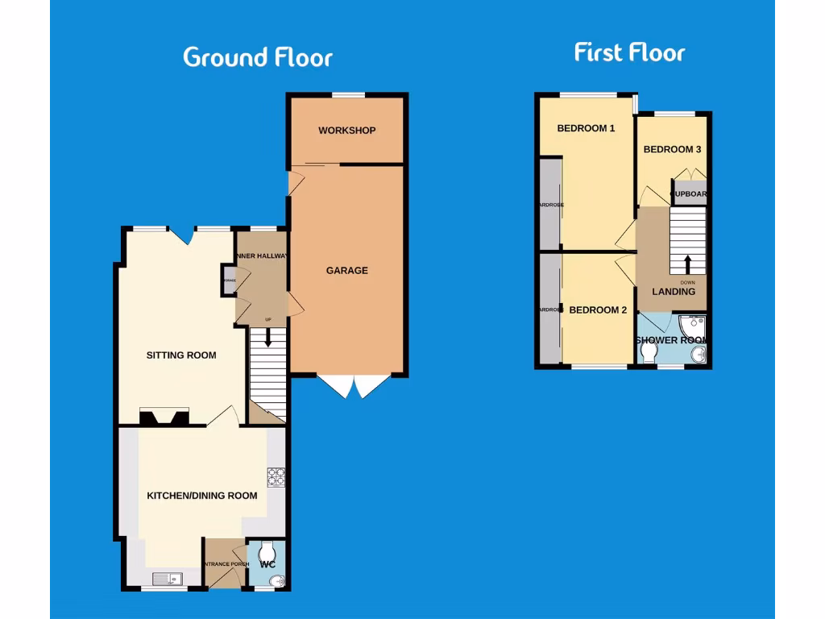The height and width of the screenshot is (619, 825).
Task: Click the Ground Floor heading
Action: [x=257, y=57]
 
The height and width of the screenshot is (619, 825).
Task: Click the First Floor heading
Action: [x=629, y=53]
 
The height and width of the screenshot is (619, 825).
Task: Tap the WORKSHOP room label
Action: [x=346, y=131]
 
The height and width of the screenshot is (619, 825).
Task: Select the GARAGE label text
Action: [x=346, y=271]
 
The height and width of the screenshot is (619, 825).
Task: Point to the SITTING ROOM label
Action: [x=181, y=355]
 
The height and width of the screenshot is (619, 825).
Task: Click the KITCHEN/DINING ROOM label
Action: [x=202, y=496]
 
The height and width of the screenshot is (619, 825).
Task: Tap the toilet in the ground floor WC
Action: [x=267, y=550]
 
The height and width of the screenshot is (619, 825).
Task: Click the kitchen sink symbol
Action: [x=168, y=577]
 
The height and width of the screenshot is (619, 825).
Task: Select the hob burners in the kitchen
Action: [x=276, y=477]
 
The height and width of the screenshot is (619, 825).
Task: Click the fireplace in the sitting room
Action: [x=164, y=417]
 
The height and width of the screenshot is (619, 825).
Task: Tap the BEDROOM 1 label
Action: [x=586, y=128]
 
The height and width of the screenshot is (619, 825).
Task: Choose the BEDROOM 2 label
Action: [x=598, y=310]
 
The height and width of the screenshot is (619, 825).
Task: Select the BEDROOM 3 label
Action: [x=672, y=150]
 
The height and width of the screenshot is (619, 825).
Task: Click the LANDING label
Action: [x=673, y=292]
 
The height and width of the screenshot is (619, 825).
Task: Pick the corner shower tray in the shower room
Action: [x=694, y=326]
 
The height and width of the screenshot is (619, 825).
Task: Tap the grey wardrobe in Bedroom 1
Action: [x=550, y=204]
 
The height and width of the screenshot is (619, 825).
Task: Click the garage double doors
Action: [x=354, y=385]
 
